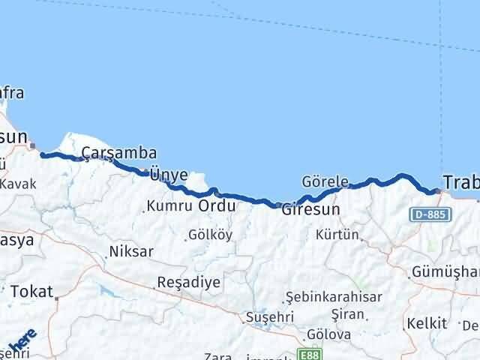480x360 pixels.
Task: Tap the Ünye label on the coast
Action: click(169, 174)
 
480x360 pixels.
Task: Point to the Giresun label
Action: click(310, 210)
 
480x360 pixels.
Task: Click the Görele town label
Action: click(325, 181)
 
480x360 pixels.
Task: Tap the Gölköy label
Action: click(210, 235)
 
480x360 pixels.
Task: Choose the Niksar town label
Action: click(131, 251)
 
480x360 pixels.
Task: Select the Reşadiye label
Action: click(188, 283)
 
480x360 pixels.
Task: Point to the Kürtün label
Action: click(337, 235)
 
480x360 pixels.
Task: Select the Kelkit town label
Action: click(426, 324)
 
